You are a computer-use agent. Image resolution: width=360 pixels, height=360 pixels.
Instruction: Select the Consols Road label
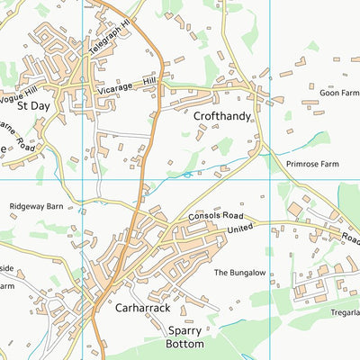pos(216,217)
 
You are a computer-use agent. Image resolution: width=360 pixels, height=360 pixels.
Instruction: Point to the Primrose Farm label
pos(313,166)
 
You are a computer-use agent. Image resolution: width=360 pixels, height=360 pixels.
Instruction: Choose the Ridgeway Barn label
pos(36,206)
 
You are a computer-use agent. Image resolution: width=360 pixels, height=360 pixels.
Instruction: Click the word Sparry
pos(185,330)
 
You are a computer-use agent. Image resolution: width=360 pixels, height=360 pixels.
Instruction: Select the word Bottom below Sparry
pos(185,344)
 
